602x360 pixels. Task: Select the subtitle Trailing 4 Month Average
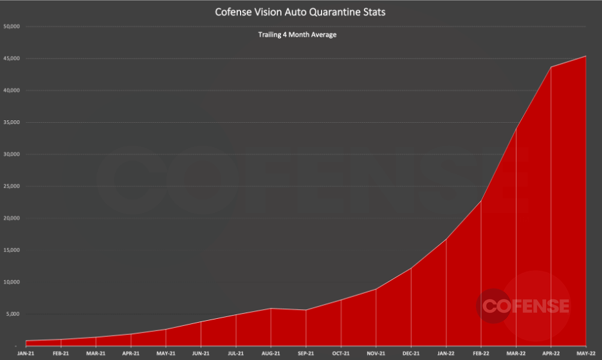point(302,35)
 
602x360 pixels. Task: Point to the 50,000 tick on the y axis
point(13,27)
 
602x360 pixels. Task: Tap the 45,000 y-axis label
point(13,59)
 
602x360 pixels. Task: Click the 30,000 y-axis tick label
point(13,154)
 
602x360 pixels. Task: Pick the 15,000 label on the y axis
point(13,250)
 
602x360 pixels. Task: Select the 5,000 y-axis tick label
point(14,314)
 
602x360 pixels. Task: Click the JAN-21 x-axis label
point(26,354)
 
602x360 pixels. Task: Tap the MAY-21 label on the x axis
point(166,354)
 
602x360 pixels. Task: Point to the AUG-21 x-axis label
point(271,354)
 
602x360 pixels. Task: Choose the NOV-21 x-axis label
point(376,354)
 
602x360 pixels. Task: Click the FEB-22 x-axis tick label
point(480,354)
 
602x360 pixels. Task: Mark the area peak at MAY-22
point(585,56)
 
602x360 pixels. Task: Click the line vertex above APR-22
point(551,67)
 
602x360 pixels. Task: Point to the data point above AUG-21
point(271,309)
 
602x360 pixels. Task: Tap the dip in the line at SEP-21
point(306,310)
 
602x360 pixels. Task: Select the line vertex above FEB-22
point(480,201)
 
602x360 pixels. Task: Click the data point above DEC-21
point(411,268)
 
